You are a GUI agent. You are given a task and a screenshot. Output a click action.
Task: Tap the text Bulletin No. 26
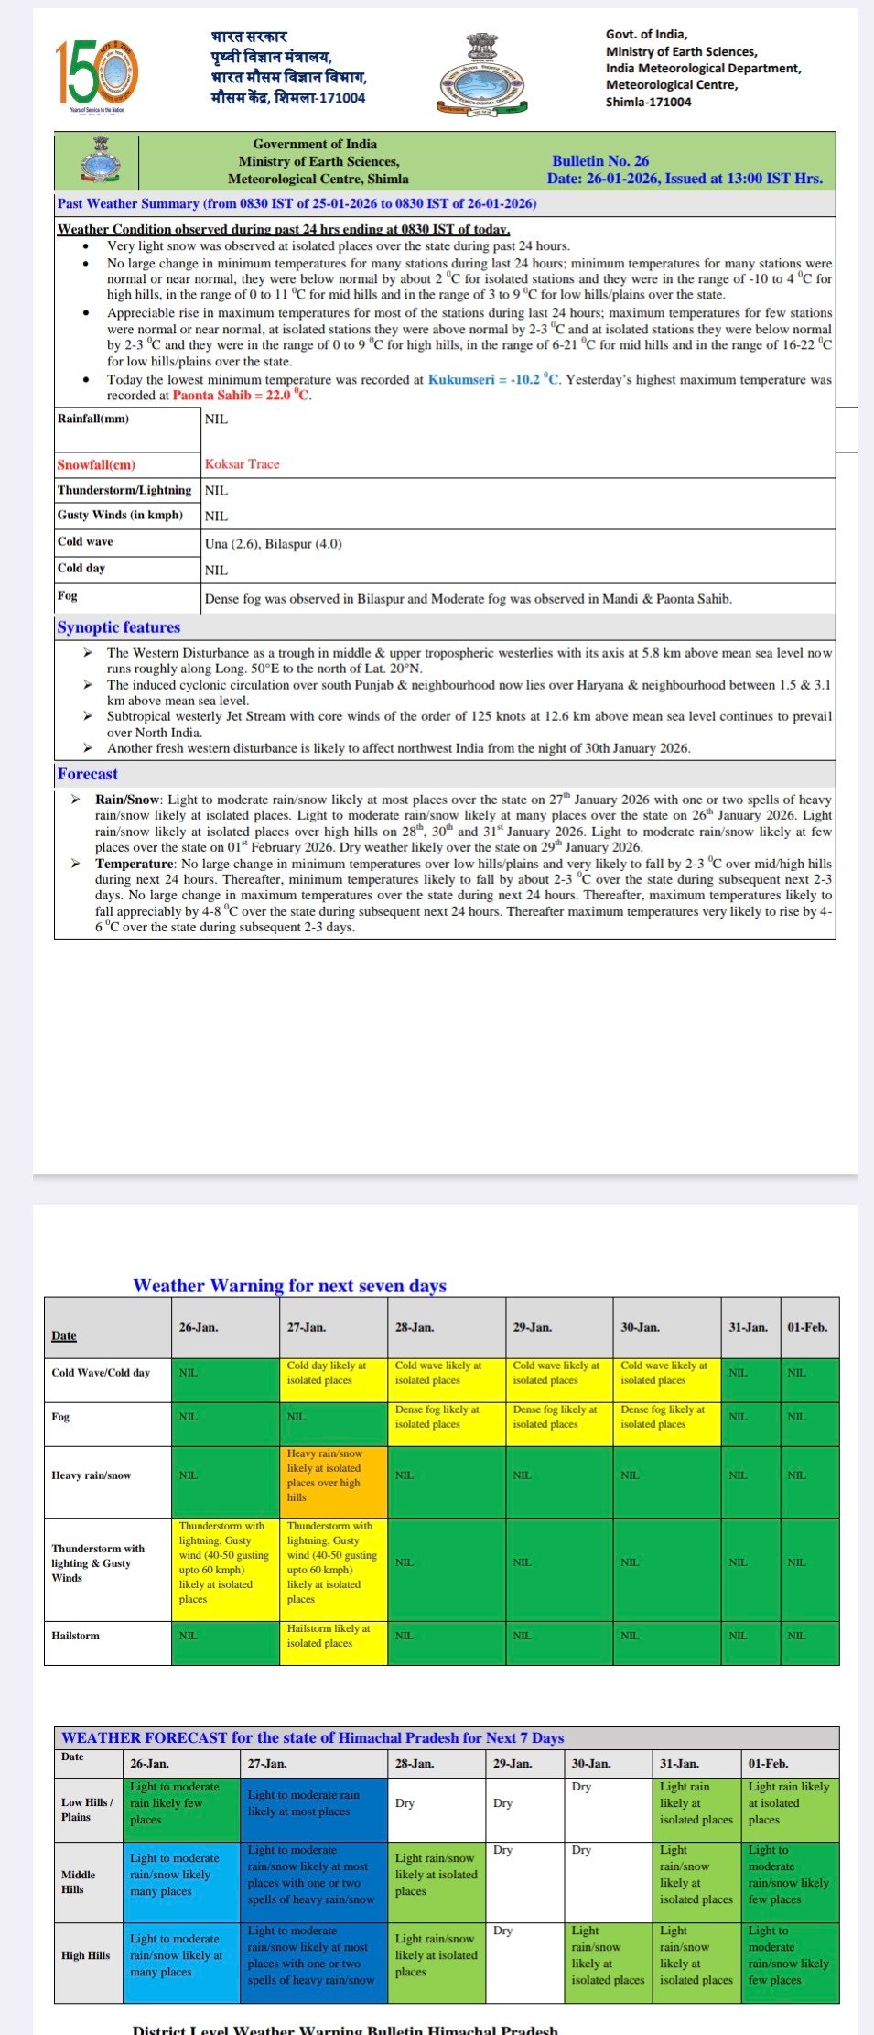pos(600,160)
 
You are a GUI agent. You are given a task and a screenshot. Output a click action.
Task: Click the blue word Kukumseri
pos(461,379)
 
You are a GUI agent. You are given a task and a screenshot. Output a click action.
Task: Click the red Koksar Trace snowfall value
pos(243,464)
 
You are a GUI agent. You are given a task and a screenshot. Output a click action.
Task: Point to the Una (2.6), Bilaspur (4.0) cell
pos(274,543)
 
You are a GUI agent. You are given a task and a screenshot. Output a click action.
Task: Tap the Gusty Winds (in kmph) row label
pos(120,515)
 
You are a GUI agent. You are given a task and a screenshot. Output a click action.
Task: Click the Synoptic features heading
pos(119,627)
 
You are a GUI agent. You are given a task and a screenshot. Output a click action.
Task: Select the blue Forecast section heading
pos(88,774)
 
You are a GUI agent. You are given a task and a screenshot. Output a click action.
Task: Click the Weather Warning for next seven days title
pos(289,1285)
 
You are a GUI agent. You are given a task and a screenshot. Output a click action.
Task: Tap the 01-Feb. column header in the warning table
pos(807,1327)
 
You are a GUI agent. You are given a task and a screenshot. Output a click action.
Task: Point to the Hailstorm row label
pos(76,1635)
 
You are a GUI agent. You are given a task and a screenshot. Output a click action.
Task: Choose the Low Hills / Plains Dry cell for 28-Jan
pos(437,1803)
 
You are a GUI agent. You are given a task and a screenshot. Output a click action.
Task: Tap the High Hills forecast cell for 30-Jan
pos(608,1954)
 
